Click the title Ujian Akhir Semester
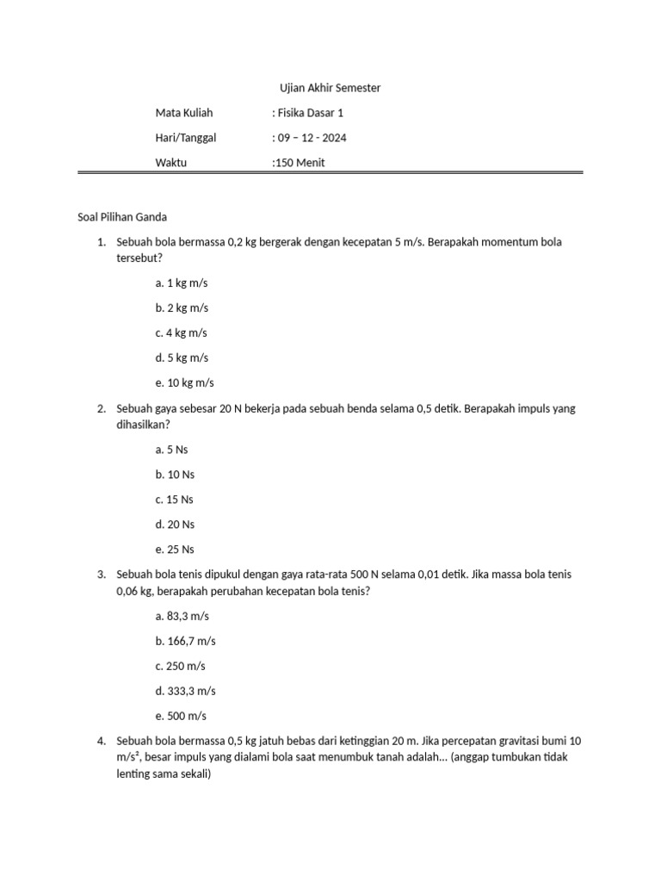(x=330, y=88)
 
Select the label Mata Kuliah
(x=183, y=113)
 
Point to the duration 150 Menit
(x=299, y=163)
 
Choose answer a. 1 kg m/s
(x=182, y=283)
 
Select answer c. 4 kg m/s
(x=182, y=332)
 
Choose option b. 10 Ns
(x=175, y=474)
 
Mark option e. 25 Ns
(x=175, y=549)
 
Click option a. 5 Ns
(x=172, y=449)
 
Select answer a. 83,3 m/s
(x=182, y=616)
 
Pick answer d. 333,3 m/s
(x=185, y=691)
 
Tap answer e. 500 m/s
(x=181, y=716)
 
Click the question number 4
(x=102, y=741)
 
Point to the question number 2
(x=102, y=408)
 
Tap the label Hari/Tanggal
(x=186, y=138)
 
